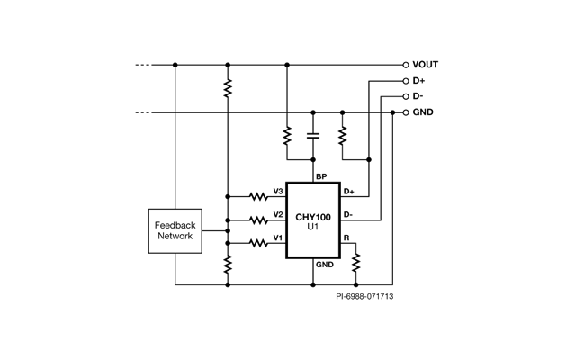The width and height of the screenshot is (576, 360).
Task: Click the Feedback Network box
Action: tap(175, 230)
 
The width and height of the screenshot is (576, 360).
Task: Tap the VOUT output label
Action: tap(427, 65)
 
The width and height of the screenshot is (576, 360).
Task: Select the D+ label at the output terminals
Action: tap(419, 80)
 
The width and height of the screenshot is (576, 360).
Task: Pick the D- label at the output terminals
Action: tap(418, 96)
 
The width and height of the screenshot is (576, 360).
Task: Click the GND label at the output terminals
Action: tap(423, 112)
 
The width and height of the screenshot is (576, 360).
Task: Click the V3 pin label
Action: tap(278, 192)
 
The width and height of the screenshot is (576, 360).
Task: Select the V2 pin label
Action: tap(278, 213)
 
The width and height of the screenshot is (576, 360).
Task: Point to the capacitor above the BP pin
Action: tap(313, 135)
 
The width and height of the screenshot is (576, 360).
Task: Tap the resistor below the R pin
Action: tap(356, 263)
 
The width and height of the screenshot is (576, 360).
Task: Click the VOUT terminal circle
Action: tap(405, 65)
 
